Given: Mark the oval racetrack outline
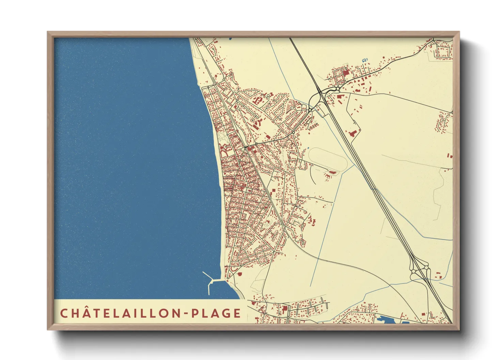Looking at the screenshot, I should pos(328,159).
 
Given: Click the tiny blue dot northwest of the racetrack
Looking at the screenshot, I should pos(308,148).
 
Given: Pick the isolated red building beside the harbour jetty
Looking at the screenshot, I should pos(239,273).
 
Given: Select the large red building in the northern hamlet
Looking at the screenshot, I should pos(346,72).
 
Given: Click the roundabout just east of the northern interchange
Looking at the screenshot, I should pos(337,89).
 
